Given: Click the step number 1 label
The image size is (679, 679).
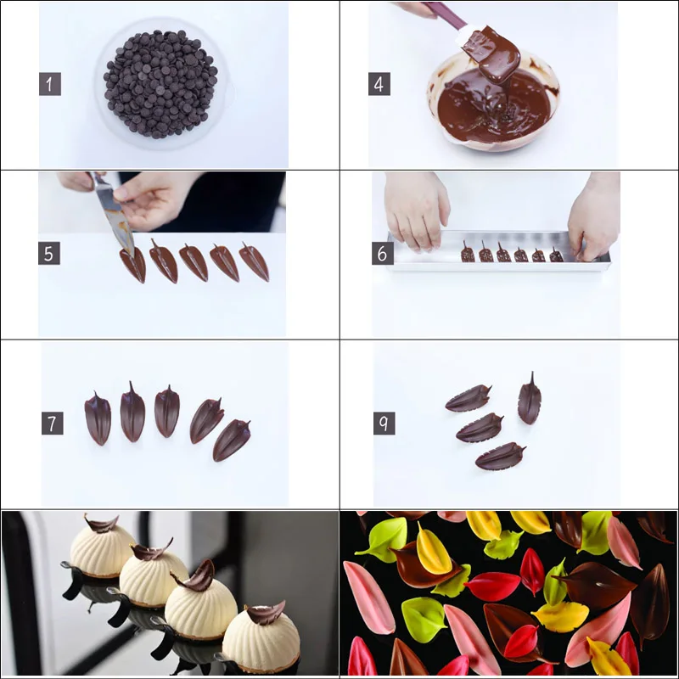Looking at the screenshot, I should pyautogui.click(x=50, y=84).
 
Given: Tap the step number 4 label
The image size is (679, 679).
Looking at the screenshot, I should pyautogui.click(x=379, y=84).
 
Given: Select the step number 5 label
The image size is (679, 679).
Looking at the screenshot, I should pyautogui.click(x=49, y=253).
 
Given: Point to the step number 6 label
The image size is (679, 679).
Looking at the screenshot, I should pyautogui.click(x=382, y=253).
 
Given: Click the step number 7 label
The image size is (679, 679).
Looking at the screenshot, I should pyautogui.click(x=52, y=424).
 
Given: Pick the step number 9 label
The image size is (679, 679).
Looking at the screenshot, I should pyautogui.click(x=384, y=424).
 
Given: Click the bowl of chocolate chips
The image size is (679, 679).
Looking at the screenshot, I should pyautogui.click(x=160, y=83).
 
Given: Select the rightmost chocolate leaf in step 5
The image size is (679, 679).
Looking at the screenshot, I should pyautogui.click(x=254, y=262).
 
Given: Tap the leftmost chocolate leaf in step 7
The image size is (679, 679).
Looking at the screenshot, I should pyautogui.click(x=98, y=418).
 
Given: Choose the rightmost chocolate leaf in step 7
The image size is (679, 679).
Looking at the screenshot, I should pyautogui.click(x=230, y=441).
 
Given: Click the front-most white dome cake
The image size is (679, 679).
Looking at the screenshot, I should pyautogui.click(x=261, y=637).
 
